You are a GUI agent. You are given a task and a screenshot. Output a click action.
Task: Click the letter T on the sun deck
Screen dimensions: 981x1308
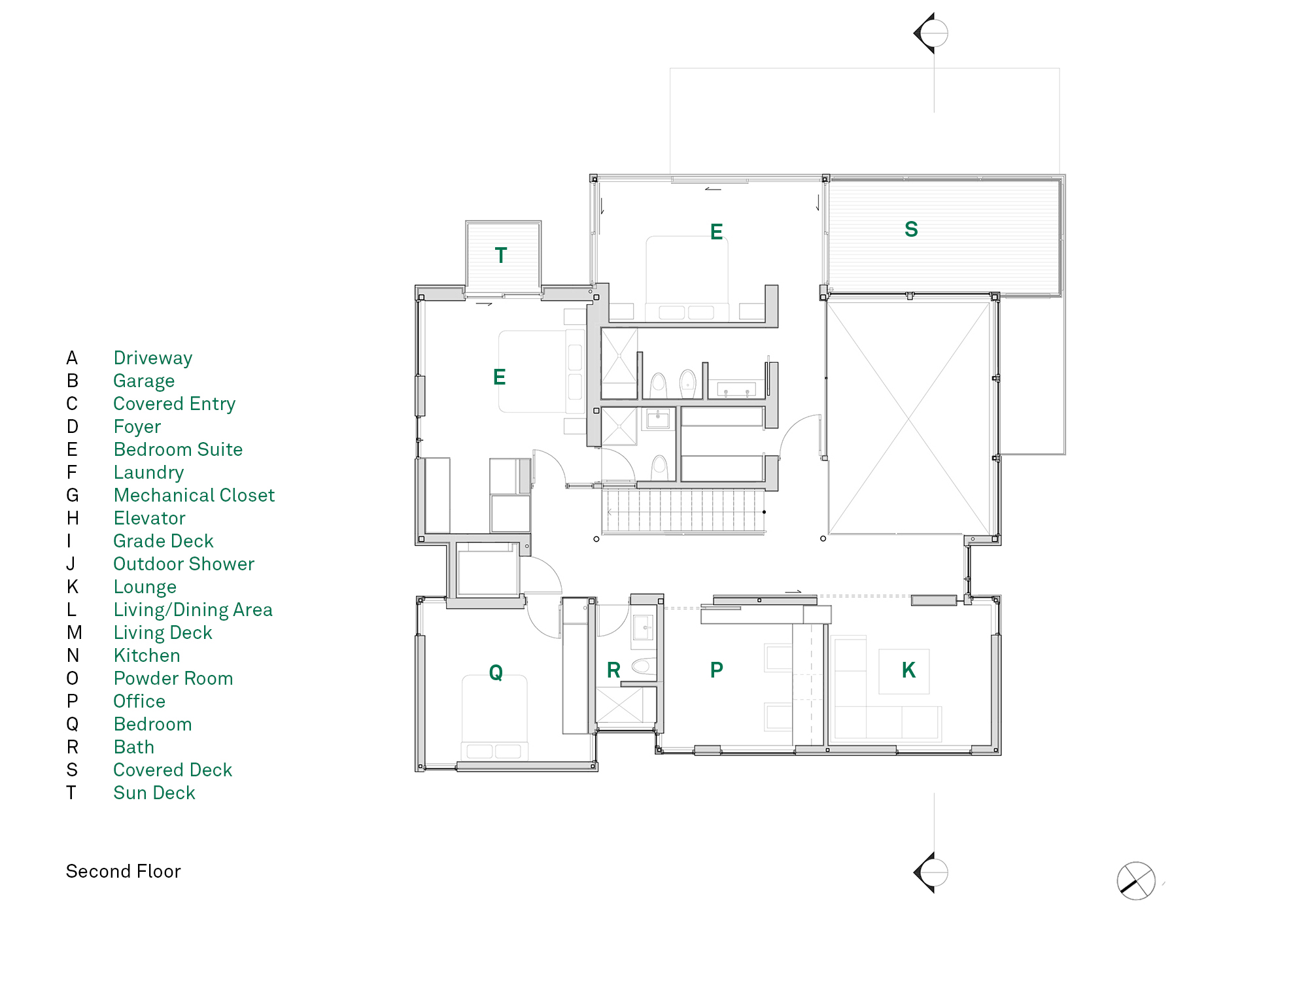point(501,255)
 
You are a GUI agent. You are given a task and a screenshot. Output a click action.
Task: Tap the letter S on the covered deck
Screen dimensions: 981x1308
point(911,229)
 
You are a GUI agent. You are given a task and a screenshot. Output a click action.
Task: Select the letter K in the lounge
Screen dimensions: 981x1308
point(908,670)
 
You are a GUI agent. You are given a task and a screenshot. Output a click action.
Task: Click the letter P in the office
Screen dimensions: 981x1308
point(717,670)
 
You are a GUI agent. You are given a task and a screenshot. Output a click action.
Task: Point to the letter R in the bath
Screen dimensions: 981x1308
point(613,670)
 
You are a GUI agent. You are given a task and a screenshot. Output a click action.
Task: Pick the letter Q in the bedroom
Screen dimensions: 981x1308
point(496,672)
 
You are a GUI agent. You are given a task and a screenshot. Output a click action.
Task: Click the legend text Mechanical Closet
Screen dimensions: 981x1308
point(194,495)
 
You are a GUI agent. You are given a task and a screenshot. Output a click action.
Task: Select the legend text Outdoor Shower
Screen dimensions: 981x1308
point(184,564)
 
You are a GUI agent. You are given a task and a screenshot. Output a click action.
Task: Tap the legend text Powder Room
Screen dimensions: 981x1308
point(173,678)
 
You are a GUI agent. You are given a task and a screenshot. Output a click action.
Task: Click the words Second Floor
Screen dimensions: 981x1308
point(123,871)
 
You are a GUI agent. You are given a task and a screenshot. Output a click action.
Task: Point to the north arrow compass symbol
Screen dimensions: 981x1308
point(1136,881)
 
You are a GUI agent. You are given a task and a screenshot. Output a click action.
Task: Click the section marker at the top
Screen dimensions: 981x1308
point(931,33)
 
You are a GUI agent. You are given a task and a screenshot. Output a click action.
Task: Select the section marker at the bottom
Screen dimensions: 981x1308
point(931,872)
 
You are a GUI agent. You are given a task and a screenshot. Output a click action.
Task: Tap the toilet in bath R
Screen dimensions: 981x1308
point(644,666)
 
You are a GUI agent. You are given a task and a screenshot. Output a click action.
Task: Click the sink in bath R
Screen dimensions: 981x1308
point(644,628)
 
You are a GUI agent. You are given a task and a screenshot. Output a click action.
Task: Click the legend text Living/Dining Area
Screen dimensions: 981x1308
point(193,610)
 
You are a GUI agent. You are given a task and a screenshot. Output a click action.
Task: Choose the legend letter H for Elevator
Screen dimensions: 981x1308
point(73,518)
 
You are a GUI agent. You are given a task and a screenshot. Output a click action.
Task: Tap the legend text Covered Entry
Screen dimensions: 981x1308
point(174,404)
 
